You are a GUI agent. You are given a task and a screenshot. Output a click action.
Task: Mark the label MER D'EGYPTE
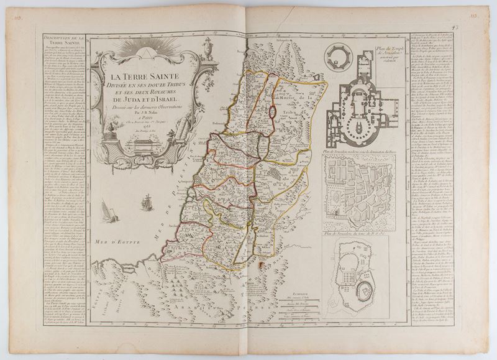(115, 239)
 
